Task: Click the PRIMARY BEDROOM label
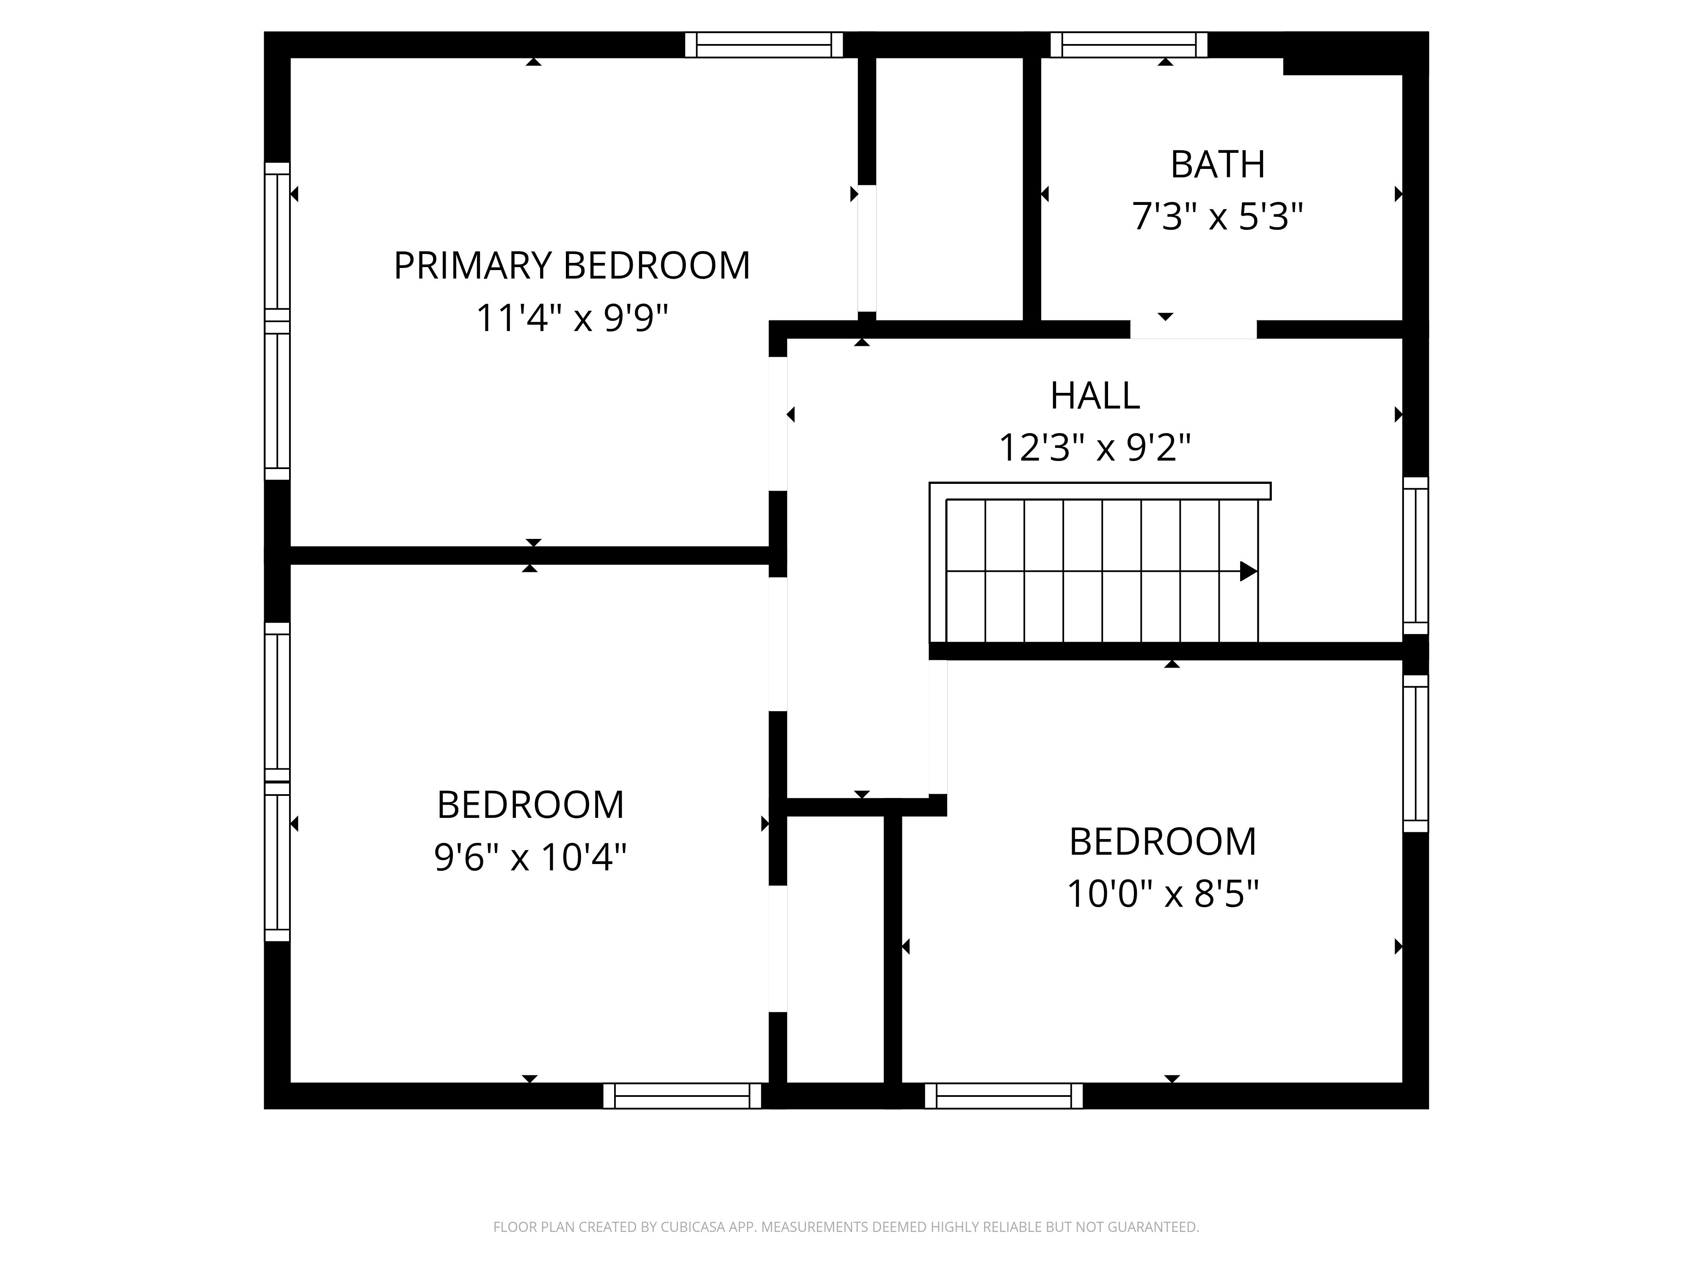pyautogui.click(x=572, y=265)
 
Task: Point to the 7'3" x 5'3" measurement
pyautogui.click(x=1217, y=217)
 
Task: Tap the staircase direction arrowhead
pyautogui.click(x=1248, y=571)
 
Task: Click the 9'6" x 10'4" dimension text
pyautogui.click(x=530, y=857)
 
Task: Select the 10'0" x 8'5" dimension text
pyautogui.click(x=1163, y=893)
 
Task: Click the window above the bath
pyautogui.click(x=1129, y=44)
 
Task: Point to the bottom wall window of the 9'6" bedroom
pyautogui.click(x=682, y=1096)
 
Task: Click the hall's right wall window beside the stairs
pyautogui.click(x=1416, y=556)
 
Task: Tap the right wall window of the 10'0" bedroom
pyautogui.click(x=1416, y=753)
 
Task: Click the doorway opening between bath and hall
pyautogui.click(x=1193, y=330)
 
